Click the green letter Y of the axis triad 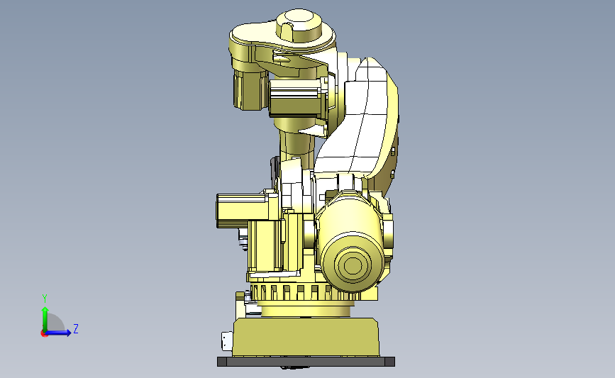pos(45,299)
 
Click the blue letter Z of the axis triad pos(76,328)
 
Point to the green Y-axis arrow pos(45,319)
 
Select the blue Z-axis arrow pos(58,333)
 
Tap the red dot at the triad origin pos(44,333)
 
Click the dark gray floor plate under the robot pos(306,362)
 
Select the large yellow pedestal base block pos(306,337)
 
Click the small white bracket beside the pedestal pos(227,340)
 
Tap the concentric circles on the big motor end pos(353,265)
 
